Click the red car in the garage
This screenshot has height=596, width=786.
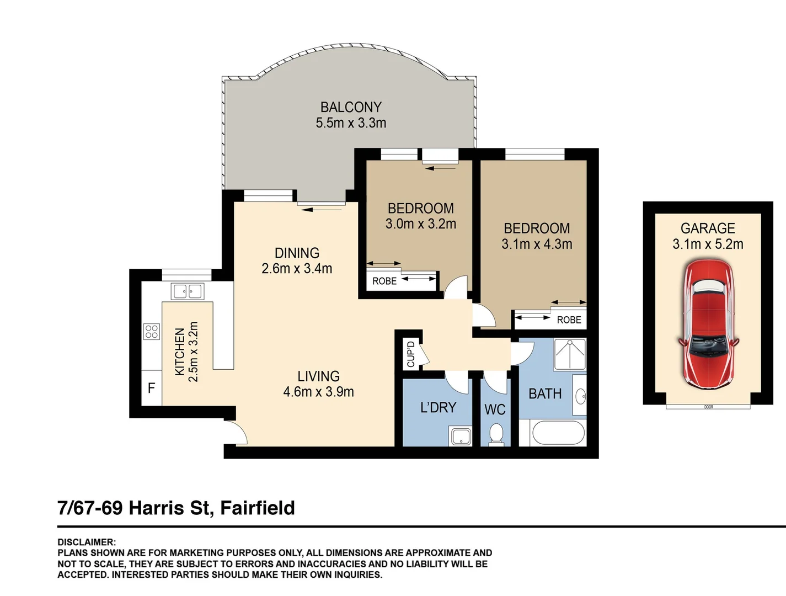pos(708,324)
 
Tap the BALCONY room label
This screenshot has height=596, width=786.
pos(351,107)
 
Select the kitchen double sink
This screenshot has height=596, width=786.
pos(188,291)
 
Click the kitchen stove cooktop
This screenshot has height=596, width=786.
pos(152,332)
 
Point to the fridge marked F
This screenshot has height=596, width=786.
pos(151,389)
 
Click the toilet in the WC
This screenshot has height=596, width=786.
pos(496,434)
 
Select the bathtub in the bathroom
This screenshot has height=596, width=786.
pos(558,433)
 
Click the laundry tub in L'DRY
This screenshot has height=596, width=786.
pos(461,436)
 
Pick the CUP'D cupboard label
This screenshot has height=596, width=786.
pos(411,354)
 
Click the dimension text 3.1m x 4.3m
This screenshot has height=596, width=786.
pos(537,244)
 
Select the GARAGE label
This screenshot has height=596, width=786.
pos(708,228)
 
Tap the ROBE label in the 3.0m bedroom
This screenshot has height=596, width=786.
pos(384,281)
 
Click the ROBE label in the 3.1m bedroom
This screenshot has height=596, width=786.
pos(569,320)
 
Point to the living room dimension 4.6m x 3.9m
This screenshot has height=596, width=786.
pos(318,392)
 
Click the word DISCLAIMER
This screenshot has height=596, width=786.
pos(87,542)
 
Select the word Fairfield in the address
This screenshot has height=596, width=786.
pos(258,508)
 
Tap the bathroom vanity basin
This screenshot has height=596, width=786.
pos(580,395)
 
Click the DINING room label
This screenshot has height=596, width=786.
pos(297,253)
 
